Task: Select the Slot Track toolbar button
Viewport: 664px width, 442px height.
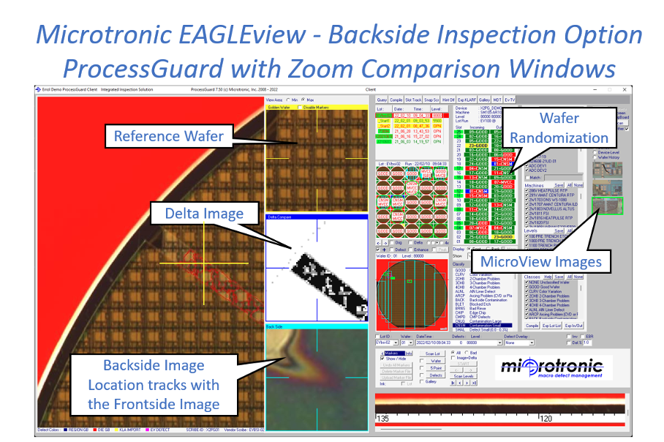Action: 415,99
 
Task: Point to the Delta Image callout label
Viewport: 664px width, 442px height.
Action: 195,214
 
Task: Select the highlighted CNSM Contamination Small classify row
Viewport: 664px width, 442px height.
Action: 410,323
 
